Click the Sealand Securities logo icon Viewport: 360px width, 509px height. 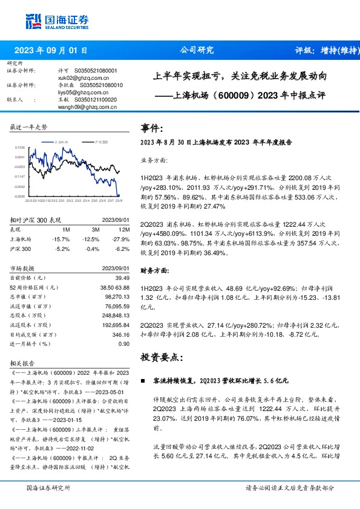point(34,21)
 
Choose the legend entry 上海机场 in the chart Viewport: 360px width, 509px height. point(64,141)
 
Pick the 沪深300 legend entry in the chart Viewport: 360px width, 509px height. point(100,141)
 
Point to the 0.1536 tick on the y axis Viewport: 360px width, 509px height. point(20,148)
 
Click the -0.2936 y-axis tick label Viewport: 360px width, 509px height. point(20,196)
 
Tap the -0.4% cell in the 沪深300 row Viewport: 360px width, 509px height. point(93,248)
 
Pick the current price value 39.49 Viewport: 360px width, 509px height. point(122,277)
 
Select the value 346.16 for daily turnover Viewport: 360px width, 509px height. point(120,334)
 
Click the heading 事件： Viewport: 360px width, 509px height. point(152,129)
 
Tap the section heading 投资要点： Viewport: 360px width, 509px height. point(162,357)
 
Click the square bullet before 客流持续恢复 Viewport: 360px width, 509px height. point(143,382)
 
